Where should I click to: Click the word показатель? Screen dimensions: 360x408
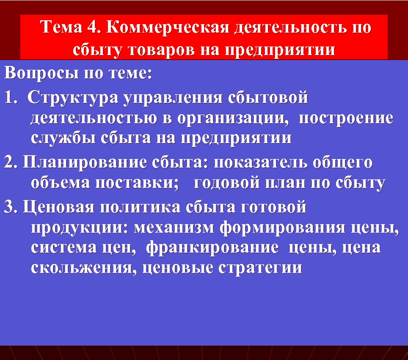(x=262, y=162)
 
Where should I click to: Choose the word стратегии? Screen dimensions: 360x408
(x=261, y=268)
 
